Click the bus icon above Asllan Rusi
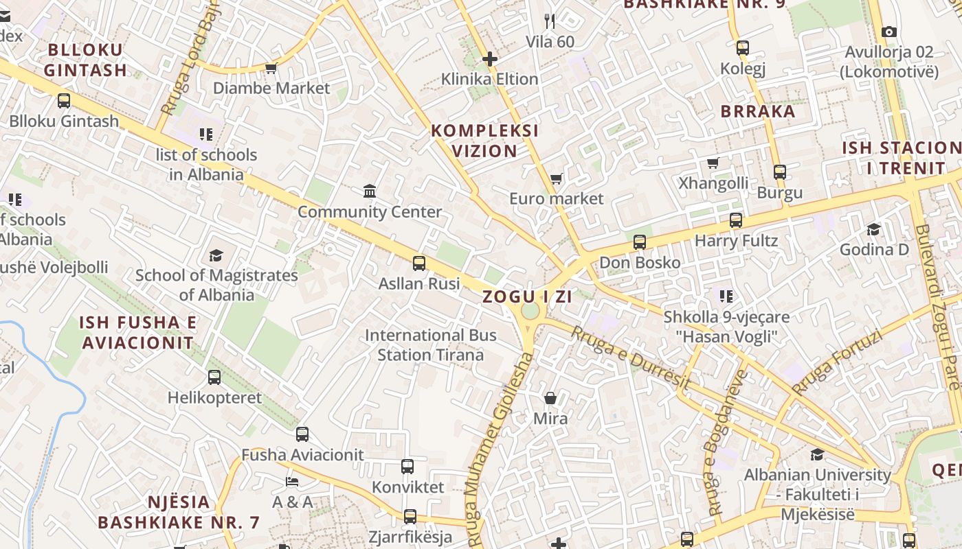(x=418, y=263)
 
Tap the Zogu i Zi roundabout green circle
(x=530, y=312)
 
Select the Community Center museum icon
(x=370, y=191)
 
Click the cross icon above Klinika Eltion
(x=489, y=59)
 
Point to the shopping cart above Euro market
(x=556, y=179)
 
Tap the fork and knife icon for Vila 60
(x=549, y=21)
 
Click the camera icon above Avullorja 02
(x=888, y=32)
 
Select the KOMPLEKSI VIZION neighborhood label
(x=484, y=141)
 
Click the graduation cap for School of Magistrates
(x=216, y=255)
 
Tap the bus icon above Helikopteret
(x=214, y=377)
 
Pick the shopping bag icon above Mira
(x=550, y=398)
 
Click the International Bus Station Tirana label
(x=431, y=345)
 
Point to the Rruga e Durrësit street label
(x=630, y=358)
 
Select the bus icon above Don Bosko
(x=640, y=242)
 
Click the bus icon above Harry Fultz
(x=736, y=220)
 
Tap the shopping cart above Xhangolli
(x=713, y=163)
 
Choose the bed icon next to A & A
(x=292, y=481)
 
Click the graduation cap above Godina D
(x=873, y=229)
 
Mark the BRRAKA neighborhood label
(x=757, y=111)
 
